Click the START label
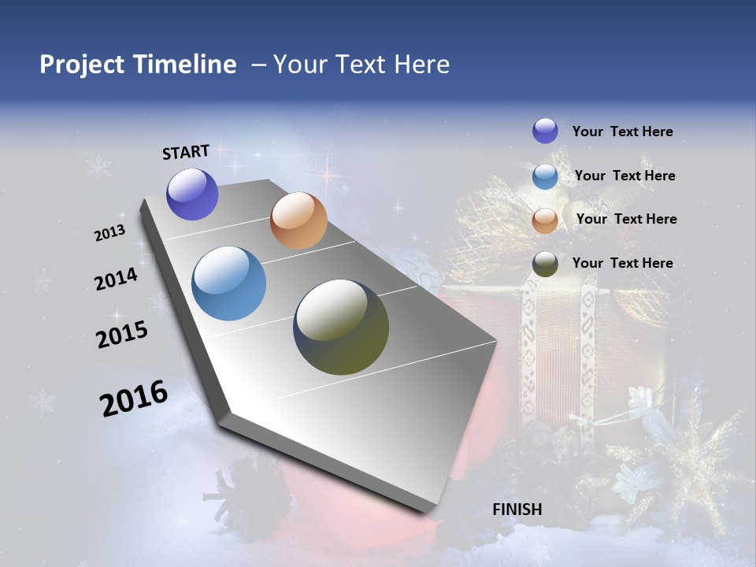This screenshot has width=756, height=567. [186, 152]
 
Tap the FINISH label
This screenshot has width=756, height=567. [517, 510]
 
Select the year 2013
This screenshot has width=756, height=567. [109, 233]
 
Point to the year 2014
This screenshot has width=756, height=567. [116, 279]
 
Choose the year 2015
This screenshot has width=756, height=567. [122, 334]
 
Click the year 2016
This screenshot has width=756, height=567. [134, 398]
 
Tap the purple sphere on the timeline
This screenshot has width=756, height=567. [192, 194]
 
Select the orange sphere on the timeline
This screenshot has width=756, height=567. [298, 220]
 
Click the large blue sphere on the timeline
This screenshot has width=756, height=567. [229, 283]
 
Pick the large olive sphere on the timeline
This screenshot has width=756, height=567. [341, 327]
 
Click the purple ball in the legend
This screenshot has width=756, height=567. [545, 131]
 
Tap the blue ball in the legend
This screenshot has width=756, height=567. [545, 176]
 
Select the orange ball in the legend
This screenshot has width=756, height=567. [545, 220]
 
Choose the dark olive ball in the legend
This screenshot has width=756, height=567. [545, 264]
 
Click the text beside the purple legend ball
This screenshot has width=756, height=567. [622, 132]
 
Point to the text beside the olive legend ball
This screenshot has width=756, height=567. [622, 263]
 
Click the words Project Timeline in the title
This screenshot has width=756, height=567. [138, 65]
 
